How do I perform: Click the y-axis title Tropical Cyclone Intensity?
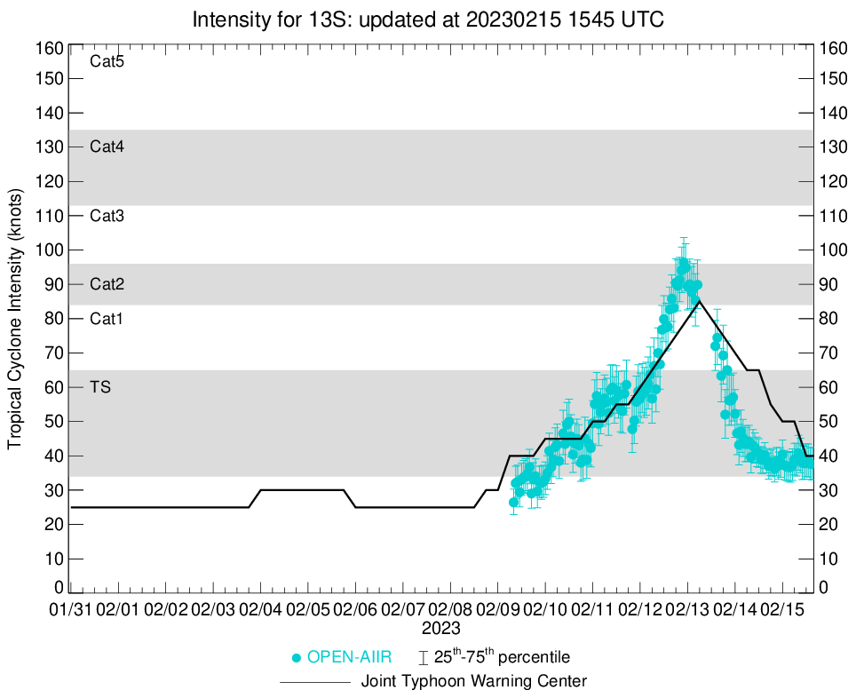click(x=15, y=318)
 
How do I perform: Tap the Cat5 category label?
click(x=107, y=62)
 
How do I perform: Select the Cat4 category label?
click(x=107, y=147)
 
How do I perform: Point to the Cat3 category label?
click(x=107, y=216)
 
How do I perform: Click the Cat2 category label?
click(x=107, y=285)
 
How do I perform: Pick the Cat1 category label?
click(x=107, y=319)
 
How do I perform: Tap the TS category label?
click(x=99, y=387)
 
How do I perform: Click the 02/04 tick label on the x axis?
click(x=261, y=610)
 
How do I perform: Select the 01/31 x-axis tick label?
click(x=70, y=610)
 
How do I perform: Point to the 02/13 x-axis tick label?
click(x=688, y=610)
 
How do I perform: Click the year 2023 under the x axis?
click(x=440, y=628)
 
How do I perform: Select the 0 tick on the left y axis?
click(x=59, y=588)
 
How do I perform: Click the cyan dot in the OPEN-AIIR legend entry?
click(x=297, y=658)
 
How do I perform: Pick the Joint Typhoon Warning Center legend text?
click(x=474, y=682)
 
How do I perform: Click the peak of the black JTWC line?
click(x=699, y=301)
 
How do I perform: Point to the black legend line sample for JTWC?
click(x=315, y=682)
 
